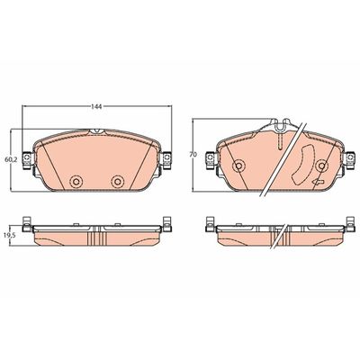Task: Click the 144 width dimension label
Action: coord(97,106)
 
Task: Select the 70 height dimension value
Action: coord(193,155)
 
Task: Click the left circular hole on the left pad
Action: coord(76,181)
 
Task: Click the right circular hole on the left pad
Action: coord(117,181)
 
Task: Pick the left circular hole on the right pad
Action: coord(238,166)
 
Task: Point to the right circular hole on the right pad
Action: coord(322,166)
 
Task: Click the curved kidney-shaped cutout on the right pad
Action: coord(301,165)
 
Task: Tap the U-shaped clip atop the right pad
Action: coord(280,124)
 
